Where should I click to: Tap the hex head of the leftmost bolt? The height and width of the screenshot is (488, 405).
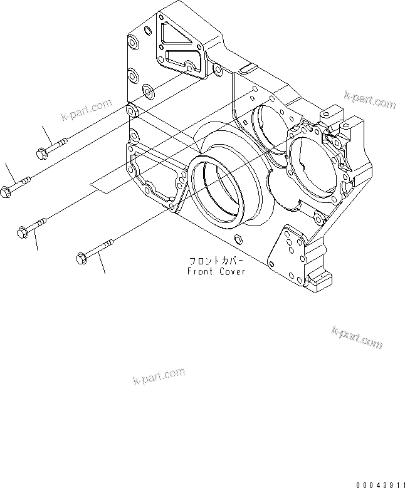(x=6, y=192)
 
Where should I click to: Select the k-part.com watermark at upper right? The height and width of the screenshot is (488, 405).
(x=370, y=100)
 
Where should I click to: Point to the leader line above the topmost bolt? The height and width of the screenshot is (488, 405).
(x=47, y=134)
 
